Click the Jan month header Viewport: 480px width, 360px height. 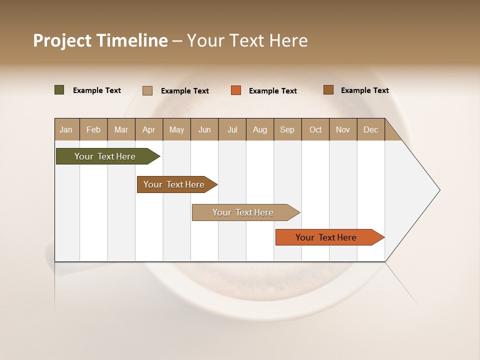pyautogui.click(x=66, y=129)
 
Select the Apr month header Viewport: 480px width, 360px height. pyautogui.click(x=149, y=129)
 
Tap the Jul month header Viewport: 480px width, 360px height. pyautogui.click(x=232, y=129)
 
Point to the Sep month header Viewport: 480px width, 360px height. pyautogui.click(x=287, y=129)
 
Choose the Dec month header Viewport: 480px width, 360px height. pyautogui.click(x=370, y=129)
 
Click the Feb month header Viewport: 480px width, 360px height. pyautogui.click(x=93, y=129)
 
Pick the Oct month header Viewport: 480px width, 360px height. pyautogui.click(x=315, y=129)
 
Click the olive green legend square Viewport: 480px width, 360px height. pyautogui.click(x=59, y=90)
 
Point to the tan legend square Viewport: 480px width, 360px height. pyautogui.click(x=147, y=90)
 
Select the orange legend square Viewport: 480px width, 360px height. pyautogui.click(x=236, y=90)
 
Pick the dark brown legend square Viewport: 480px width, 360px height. pyautogui.click(x=328, y=90)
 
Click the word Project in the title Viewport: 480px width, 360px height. pyautogui.click(x=62, y=40)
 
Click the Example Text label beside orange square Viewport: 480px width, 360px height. pyautogui.click(x=272, y=91)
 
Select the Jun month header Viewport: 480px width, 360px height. pyautogui.click(x=204, y=129)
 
